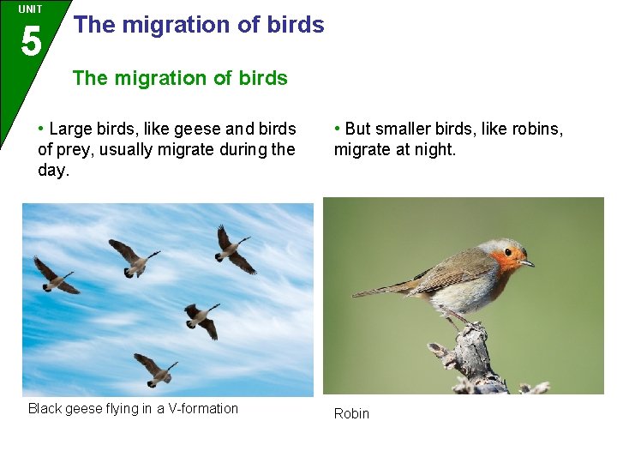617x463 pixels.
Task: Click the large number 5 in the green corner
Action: (x=30, y=40)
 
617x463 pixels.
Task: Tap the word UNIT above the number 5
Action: (x=30, y=9)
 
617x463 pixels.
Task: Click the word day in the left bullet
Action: (x=51, y=171)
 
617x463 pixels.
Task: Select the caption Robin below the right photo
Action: (x=351, y=414)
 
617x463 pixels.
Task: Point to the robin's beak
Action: (x=527, y=262)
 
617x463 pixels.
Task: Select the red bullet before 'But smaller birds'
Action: (x=338, y=129)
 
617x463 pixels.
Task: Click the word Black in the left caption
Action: (x=45, y=409)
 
